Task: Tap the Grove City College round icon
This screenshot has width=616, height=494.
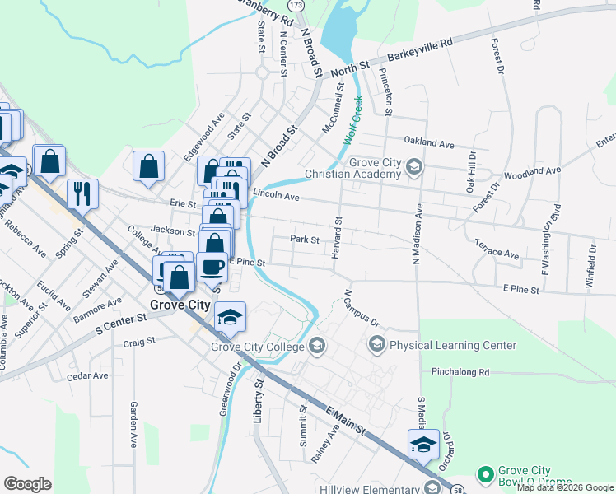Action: point(317,347)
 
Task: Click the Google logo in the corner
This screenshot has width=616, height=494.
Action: point(27,483)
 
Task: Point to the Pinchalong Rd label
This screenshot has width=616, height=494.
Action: point(460,373)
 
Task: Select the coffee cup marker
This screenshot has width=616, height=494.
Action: point(212,267)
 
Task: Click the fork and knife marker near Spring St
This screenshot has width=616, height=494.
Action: point(82,194)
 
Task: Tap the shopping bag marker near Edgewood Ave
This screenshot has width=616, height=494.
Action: point(148,166)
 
